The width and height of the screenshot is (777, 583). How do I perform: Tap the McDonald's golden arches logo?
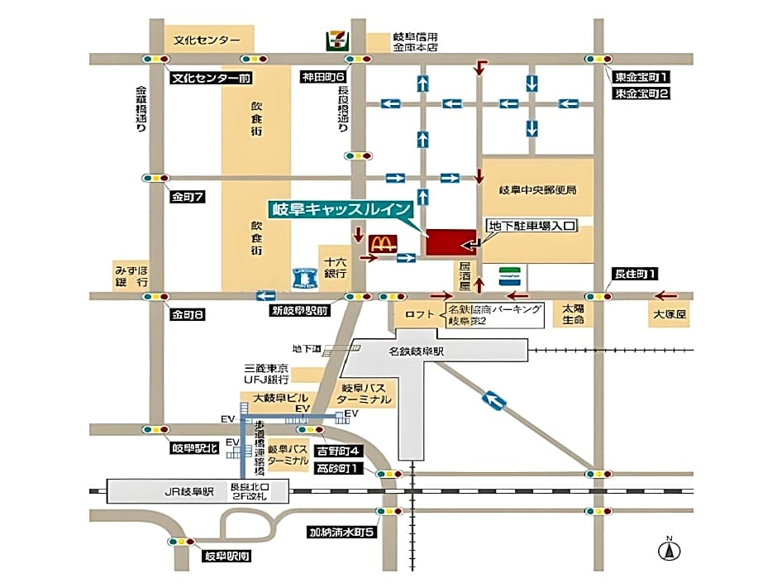tap(381, 244)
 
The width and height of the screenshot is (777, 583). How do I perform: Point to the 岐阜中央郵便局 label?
tap(537, 189)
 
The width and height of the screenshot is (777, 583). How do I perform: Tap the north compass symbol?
tap(669, 548)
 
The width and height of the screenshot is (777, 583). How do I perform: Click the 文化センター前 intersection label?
tap(210, 79)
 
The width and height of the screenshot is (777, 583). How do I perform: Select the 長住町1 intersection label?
tap(634, 274)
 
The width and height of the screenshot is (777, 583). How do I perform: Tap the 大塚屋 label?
tap(670, 315)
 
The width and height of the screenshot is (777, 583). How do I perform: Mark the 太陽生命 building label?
tap(574, 313)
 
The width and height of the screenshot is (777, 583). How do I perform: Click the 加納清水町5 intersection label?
tap(342, 532)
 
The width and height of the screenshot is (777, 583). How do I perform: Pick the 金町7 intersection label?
tap(188, 197)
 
